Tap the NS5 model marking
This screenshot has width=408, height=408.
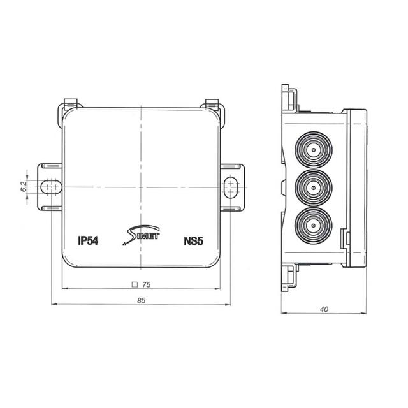193,241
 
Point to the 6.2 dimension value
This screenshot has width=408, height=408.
23,186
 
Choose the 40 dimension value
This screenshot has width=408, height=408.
324,309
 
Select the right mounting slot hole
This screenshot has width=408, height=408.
231,186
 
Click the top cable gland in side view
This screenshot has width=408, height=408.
313,151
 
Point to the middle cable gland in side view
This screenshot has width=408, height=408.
313,187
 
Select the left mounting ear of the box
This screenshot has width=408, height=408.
50,186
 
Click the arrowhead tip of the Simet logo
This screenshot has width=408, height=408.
120,244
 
